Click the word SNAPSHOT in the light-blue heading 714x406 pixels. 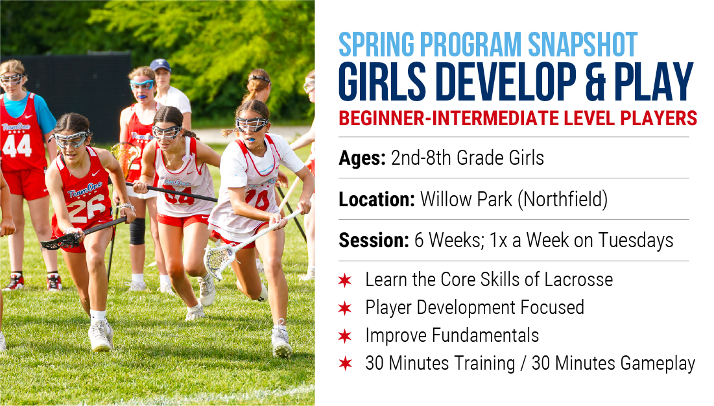pyautogui.click(x=582, y=44)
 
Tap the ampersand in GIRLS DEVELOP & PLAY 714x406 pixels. pyautogui.click(x=595, y=82)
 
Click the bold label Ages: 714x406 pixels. pyautogui.click(x=362, y=158)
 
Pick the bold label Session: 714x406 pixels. pyautogui.click(x=374, y=241)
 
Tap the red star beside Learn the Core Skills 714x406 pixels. pyautogui.click(x=345, y=280)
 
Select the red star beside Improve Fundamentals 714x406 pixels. pyautogui.click(x=345, y=337)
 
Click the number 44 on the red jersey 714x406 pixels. pyautogui.click(x=17, y=146)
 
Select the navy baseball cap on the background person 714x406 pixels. pyautogui.click(x=160, y=65)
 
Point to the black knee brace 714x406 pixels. pyautogui.click(x=137, y=232)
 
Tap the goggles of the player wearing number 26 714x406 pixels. pyautogui.click(x=71, y=139)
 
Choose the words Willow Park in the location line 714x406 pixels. pyautogui.click(x=466, y=199)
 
